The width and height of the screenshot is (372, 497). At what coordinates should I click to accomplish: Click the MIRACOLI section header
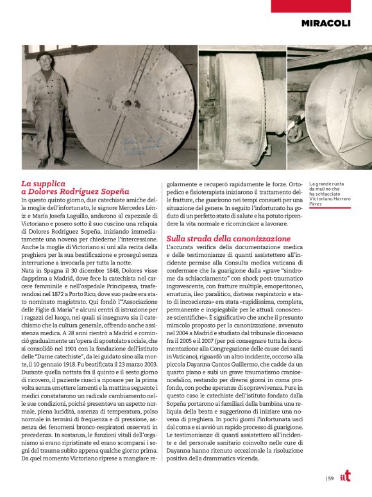pos(335,23)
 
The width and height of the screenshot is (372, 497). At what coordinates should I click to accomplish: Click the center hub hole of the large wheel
pos(128,103)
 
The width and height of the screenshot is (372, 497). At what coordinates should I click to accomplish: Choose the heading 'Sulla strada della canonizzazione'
pos(219,238)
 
